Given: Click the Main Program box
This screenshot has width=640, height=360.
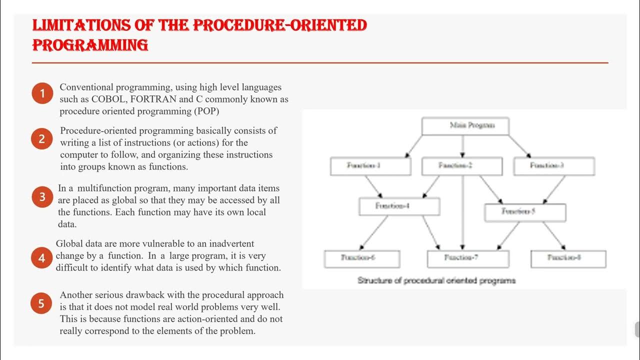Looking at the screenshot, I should tap(465, 126).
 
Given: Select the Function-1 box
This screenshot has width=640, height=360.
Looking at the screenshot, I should tap(370, 166).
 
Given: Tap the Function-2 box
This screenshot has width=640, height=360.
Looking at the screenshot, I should tap(462, 166).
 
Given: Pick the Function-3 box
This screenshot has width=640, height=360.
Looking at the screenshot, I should tap(554, 166).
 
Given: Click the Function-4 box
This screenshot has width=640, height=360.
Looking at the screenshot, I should tap(399, 206).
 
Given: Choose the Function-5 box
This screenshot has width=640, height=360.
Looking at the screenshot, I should tap(525, 212).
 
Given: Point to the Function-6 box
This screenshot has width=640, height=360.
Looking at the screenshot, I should tap(362, 258).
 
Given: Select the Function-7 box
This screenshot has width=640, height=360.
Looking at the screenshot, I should tap(468, 258).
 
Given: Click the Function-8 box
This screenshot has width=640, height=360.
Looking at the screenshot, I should tap(568, 258).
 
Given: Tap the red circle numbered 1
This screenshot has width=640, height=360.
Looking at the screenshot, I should tap(42, 93).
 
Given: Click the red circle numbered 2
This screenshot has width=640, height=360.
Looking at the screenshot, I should tap(42, 139).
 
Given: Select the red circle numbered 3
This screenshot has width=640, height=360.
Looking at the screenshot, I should tap(42, 197).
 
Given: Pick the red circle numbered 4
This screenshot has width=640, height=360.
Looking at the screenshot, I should tap(42, 258).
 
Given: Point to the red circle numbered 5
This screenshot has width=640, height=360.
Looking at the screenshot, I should tap(42, 303).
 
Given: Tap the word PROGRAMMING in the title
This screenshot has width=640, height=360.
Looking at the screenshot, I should tap(90, 45).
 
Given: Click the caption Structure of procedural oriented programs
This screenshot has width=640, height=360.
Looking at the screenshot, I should tap(436, 280).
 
